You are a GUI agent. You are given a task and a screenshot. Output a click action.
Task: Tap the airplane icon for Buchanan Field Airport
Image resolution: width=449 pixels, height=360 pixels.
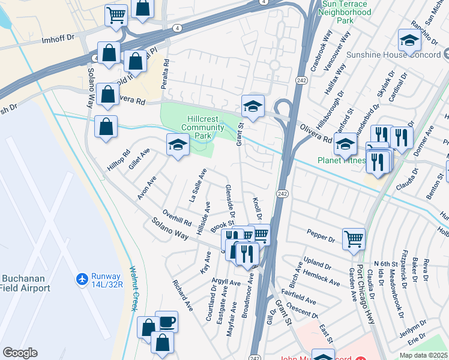click(x=82, y=280)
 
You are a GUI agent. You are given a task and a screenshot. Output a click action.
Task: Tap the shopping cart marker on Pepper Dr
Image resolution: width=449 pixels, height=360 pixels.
click(x=354, y=238)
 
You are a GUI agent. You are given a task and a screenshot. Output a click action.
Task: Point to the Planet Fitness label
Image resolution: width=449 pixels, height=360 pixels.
click(x=341, y=160)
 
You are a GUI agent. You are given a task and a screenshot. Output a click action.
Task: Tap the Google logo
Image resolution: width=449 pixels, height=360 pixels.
click(x=20, y=353)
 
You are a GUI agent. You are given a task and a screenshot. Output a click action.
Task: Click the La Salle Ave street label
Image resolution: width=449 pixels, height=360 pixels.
click(x=198, y=185)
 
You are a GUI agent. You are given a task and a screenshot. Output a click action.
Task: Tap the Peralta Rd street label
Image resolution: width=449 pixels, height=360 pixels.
click(x=166, y=74)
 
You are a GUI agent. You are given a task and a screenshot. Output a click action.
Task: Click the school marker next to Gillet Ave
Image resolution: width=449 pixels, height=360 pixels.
click(x=178, y=145)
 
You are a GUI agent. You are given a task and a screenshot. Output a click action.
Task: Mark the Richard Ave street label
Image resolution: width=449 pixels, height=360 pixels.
click(x=182, y=296)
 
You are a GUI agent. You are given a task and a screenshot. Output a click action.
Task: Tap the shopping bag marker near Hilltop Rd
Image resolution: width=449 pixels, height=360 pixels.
click(x=106, y=127)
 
